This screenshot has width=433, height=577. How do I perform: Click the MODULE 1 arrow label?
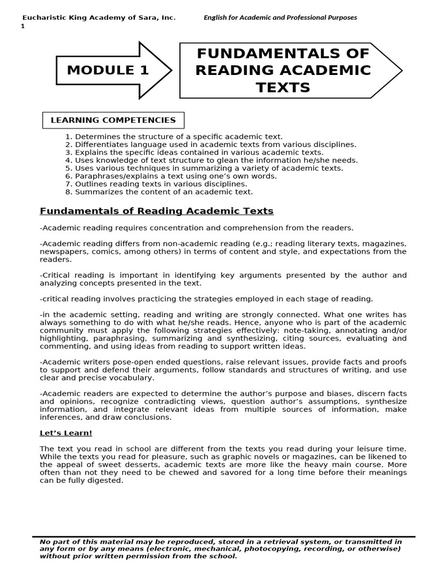tap(108, 70)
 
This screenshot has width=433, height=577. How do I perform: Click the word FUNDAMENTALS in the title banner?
tap(282, 54)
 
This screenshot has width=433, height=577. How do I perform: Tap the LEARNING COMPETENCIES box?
tap(113, 120)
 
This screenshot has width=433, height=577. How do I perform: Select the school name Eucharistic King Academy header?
tap(98, 17)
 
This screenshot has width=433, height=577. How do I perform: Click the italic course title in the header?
tap(280, 17)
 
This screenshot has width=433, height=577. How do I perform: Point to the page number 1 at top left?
tap(23, 26)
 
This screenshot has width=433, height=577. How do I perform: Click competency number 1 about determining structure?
tap(174, 136)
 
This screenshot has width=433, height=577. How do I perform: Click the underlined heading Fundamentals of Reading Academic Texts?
tap(156, 211)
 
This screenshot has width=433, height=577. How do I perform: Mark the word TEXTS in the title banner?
tap(282, 87)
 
